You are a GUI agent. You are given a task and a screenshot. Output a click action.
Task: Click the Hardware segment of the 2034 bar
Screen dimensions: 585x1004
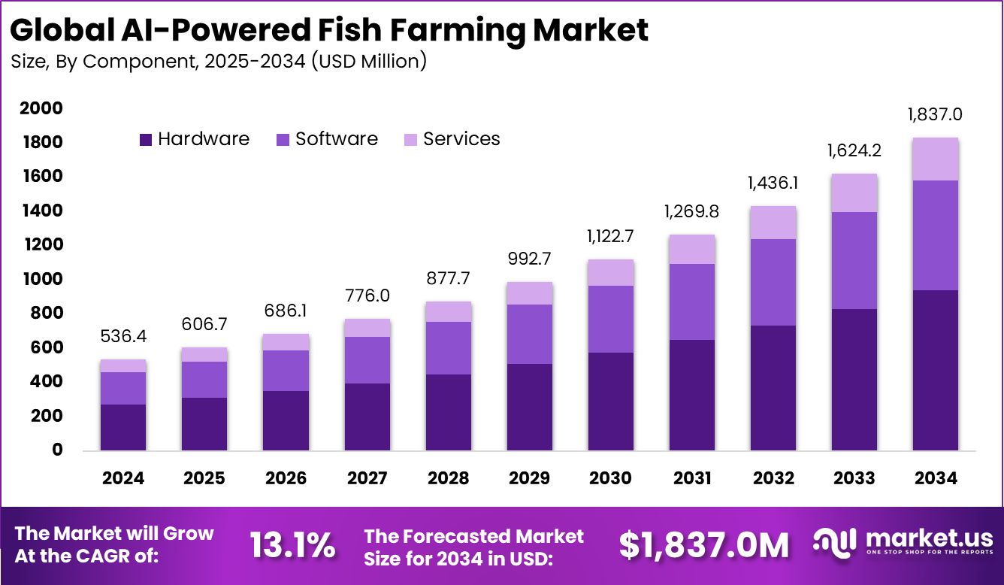[936, 370]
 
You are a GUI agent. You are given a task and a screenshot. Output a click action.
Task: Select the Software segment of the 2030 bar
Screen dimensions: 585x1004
[611, 319]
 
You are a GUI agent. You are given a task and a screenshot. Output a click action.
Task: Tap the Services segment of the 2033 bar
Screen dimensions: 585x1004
[854, 192]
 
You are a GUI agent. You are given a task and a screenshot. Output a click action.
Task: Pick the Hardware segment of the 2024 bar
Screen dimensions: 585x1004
[123, 427]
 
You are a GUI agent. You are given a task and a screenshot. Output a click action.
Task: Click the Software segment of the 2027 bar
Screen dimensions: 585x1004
[367, 359]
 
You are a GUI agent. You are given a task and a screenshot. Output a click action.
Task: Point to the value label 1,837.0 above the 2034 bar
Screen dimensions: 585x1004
[935, 115]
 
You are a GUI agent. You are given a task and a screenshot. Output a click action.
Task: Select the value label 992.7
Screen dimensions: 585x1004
[530, 259]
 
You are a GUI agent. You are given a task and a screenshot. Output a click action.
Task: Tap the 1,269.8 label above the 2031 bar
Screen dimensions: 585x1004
[692, 212]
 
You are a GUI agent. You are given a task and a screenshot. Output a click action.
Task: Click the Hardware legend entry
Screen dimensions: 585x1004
[195, 139]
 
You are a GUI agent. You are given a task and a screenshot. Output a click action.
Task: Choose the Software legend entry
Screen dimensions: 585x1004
[328, 139]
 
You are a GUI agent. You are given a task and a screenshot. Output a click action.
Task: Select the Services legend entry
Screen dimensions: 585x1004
[452, 139]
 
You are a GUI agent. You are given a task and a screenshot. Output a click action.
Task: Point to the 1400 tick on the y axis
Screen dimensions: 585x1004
[41, 211]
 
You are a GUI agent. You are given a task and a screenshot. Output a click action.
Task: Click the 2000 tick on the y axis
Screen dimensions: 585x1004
[41, 109]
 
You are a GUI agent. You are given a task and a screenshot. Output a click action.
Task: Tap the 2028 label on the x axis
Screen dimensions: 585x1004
[449, 478]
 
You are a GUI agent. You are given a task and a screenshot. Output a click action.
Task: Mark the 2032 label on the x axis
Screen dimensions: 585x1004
[773, 478]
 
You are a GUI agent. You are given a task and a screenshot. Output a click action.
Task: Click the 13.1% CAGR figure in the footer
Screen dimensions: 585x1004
[292, 544]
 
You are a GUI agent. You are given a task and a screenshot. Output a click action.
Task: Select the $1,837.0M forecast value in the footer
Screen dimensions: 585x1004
[704, 544]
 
